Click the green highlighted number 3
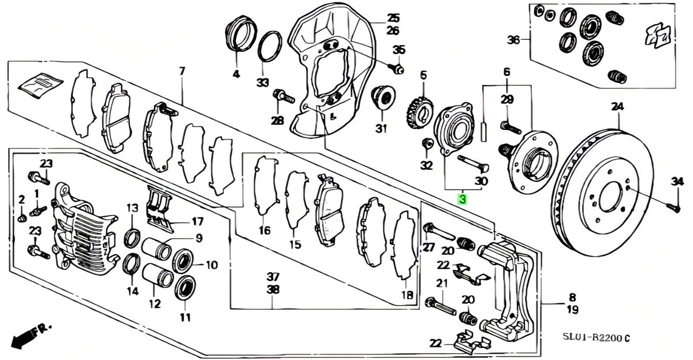coord(462,199)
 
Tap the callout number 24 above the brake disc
coord(617,107)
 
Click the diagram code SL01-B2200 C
coord(596,337)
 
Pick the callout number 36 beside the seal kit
coord(513,40)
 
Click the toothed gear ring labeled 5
coord(419,113)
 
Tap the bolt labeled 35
coord(396,69)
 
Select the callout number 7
coord(182,71)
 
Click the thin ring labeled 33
coord(270,46)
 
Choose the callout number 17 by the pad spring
coord(198,222)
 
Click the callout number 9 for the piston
coord(199,238)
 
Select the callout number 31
coord(382,128)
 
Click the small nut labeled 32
coord(427,143)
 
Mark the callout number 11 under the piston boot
coord(185,317)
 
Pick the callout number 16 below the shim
coord(265,231)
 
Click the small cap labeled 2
coord(21,218)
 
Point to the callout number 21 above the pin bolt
coord(442,283)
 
